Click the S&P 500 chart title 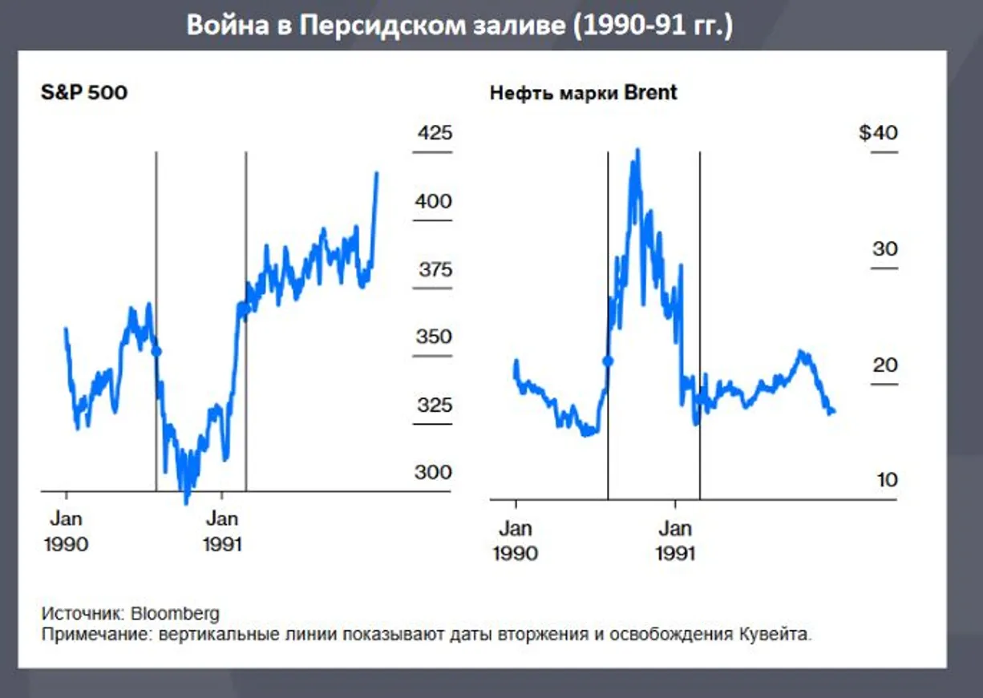(x=84, y=92)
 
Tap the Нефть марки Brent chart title (x=583, y=92)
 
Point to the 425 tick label (x=434, y=133)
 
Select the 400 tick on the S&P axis (x=434, y=202)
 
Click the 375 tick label (x=435, y=269)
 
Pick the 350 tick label (x=434, y=337)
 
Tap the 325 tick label (x=434, y=405)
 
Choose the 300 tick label (x=434, y=473)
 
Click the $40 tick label (x=878, y=133)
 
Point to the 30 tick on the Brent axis (x=885, y=249)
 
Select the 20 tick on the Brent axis (x=885, y=365)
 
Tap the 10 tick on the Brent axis (x=886, y=481)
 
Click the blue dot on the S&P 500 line (x=156, y=351)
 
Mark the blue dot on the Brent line (x=608, y=361)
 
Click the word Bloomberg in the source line (x=175, y=614)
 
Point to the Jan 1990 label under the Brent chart (x=516, y=540)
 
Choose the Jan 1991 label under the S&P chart (x=222, y=531)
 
